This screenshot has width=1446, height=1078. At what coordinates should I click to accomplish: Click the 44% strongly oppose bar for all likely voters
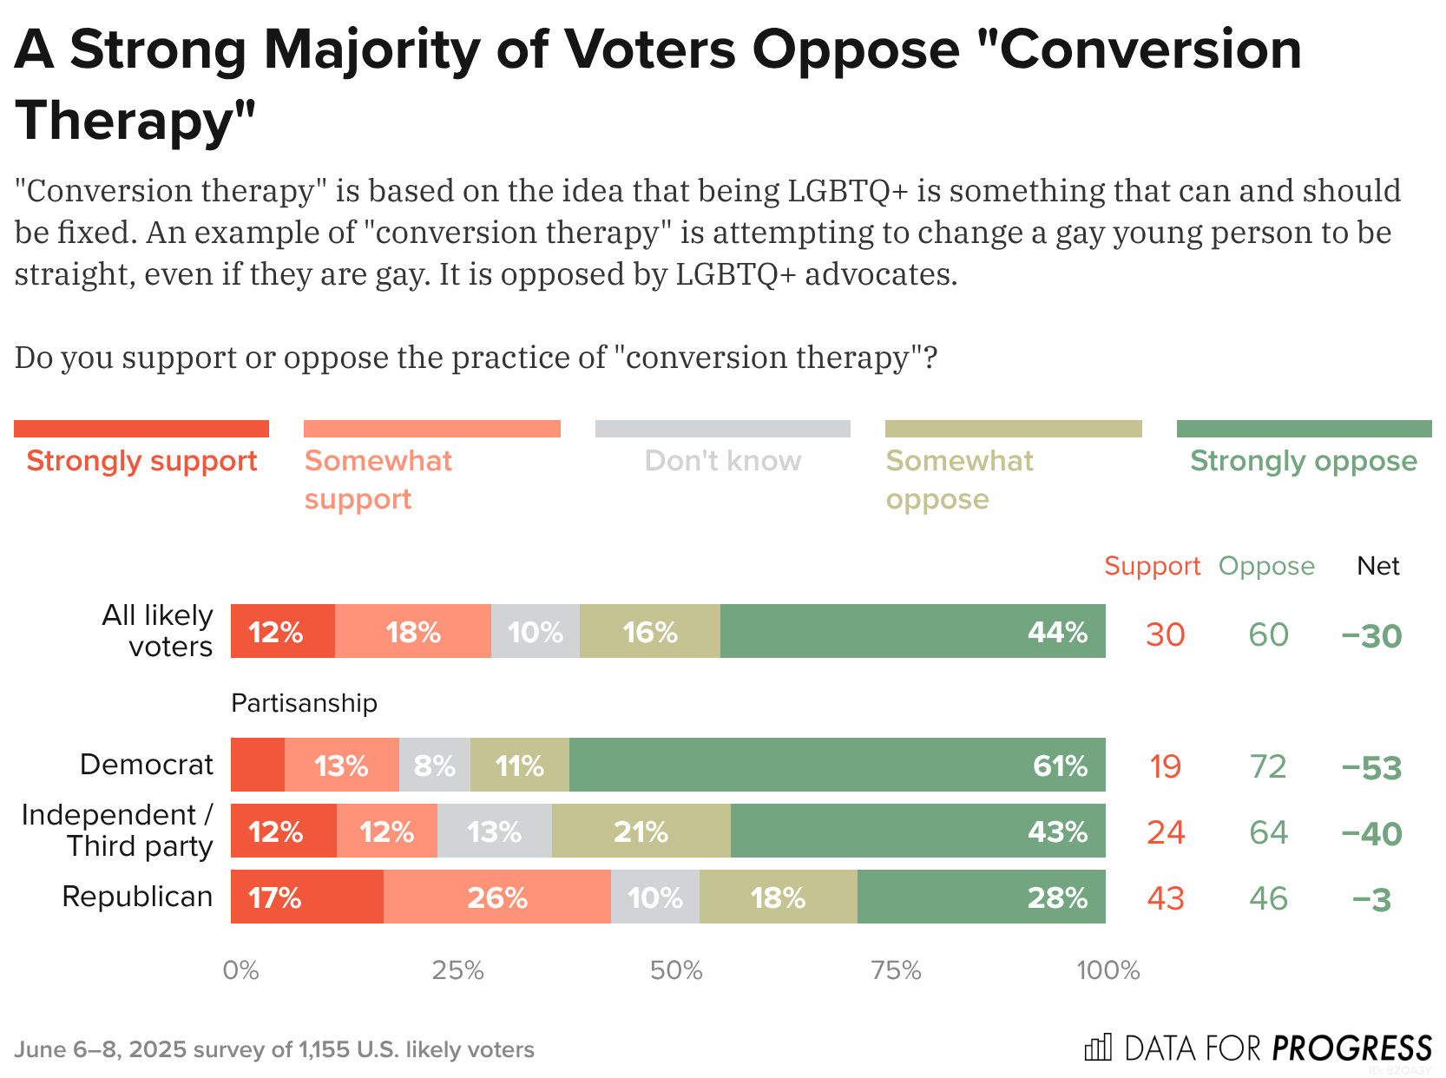(x=912, y=631)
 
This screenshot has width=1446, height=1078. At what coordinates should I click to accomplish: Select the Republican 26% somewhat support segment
(x=496, y=897)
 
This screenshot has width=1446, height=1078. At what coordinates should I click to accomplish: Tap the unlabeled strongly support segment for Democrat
(x=258, y=765)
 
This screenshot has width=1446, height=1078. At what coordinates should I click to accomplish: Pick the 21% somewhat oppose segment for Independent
(x=641, y=831)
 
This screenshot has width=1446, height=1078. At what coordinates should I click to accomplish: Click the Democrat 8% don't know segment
(x=434, y=765)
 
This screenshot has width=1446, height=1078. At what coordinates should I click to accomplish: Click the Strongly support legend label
(x=141, y=461)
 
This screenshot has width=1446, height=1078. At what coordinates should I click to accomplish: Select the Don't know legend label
(x=723, y=461)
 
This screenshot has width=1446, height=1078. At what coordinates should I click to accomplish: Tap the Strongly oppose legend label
(x=1303, y=461)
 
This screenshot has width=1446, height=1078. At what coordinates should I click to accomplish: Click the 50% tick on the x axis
(x=676, y=970)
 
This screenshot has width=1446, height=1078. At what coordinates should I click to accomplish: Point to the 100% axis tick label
(x=1108, y=970)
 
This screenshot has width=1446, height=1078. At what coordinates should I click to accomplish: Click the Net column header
(x=1377, y=566)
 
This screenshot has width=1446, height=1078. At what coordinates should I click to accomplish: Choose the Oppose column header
(x=1266, y=566)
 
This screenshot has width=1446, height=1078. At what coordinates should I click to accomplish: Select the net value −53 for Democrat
(x=1371, y=767)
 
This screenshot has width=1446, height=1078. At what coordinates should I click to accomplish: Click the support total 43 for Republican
(x=1165, y=898)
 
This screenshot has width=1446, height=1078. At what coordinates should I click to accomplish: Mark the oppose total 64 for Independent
(x=1267, y=832)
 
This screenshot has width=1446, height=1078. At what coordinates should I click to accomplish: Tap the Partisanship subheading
(x=304, y=702)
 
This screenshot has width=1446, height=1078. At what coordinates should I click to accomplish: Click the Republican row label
(x=137, y=896)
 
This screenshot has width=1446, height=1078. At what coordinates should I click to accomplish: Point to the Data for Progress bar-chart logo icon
(x=1098, y=1048)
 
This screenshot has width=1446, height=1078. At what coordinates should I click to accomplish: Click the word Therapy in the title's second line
(x=135, y=120)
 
